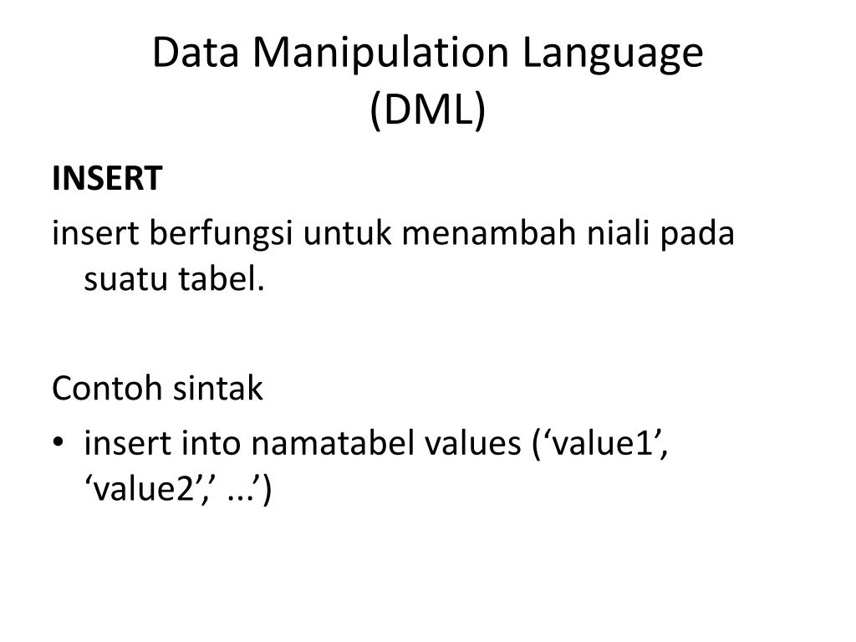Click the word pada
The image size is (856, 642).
[x=698, y=232]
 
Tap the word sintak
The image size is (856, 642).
[x=217, y=388]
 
